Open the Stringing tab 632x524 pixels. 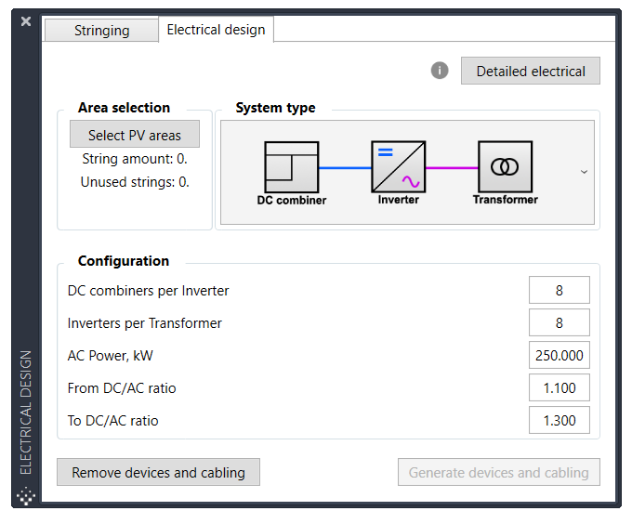[101, 31]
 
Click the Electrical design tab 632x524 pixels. [216, 30]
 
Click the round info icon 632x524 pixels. [440, 71]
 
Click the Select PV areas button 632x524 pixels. [135, 135]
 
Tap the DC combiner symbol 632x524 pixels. [291, 167]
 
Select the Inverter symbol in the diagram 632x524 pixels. [399, 167]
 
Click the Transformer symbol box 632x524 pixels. [505, 167]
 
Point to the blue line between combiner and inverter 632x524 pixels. [345, 168]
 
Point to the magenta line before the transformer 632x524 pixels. [452, 168]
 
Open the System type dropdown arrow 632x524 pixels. [584, 172]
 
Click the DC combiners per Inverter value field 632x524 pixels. [560, 291]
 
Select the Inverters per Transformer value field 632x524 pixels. [560, 323]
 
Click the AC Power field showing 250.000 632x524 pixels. [560, 356]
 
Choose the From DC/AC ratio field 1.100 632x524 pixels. [560, 388]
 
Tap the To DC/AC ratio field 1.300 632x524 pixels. [560, 421]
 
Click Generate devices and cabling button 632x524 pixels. [499, 473]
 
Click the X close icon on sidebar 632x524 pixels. [26, 21]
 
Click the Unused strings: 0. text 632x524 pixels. [135, 182]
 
